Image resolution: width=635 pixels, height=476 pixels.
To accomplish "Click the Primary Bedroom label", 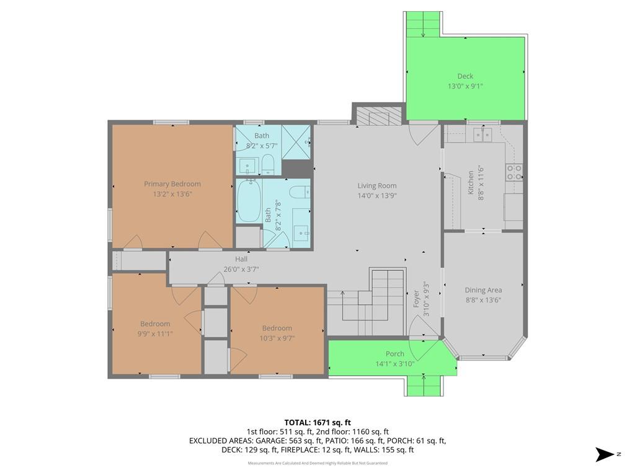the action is [x=172, y=183].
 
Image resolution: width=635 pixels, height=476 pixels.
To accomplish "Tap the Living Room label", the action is [x=377, y=186].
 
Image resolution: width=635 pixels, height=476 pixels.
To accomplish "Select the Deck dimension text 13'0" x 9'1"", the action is [x=465, y=86].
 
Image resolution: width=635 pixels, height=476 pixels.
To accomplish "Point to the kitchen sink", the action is [x=482, y=134].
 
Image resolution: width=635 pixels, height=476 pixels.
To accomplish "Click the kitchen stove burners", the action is [x=514, y=172].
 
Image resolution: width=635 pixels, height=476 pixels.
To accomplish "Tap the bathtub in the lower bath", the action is [x=249, y=201].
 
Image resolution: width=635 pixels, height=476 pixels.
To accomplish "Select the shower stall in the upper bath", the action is [x=296, y=142].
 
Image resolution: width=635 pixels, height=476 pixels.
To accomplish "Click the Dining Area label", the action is [x=483, y=290].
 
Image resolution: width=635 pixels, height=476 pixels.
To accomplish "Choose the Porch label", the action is [x=395, y=354].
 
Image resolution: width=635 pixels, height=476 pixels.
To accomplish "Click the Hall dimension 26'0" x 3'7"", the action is [x=241, y=269].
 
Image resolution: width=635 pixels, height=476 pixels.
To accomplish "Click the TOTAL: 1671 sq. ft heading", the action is [x=317, y=423].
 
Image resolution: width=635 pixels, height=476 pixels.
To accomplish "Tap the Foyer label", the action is [x=416, y=299].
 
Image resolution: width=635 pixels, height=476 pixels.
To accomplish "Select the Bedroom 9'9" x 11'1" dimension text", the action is [x=155, y=334].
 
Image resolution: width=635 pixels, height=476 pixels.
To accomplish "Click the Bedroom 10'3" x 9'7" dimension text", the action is [x=277, y=338].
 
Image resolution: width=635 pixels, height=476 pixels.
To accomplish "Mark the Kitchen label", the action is [x=471, y=183].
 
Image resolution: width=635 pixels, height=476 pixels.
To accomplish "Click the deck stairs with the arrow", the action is [x=423, y=24].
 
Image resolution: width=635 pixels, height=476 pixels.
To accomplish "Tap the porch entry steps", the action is [x=424, y=386].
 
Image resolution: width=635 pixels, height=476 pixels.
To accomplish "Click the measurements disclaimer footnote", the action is [x=317, y=463].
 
